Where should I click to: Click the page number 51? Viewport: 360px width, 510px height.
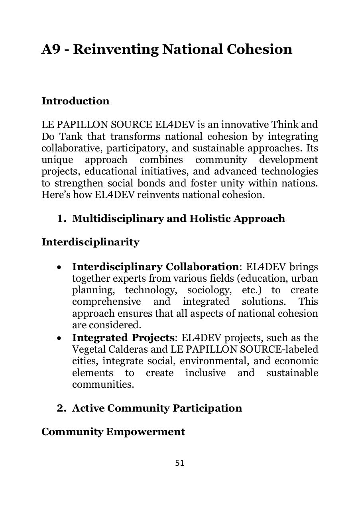pyautogui.click(x=179, y=463)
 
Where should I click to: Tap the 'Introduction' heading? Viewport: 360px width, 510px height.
pyautogui.click(x=75, y=101)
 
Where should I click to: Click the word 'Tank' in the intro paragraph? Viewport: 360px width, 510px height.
pyautogui.click(x=71, y=137)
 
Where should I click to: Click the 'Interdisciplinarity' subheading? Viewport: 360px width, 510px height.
pyautogui.click(x=90, y=242)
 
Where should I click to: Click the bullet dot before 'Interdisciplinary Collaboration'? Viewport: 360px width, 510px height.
pyautogui.click(x=59, y=267)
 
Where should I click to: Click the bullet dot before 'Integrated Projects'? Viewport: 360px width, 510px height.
pyautogui.click(x=59, y=338)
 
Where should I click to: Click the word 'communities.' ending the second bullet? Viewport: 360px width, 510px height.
pyautogui.click(x=103, y=384)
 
